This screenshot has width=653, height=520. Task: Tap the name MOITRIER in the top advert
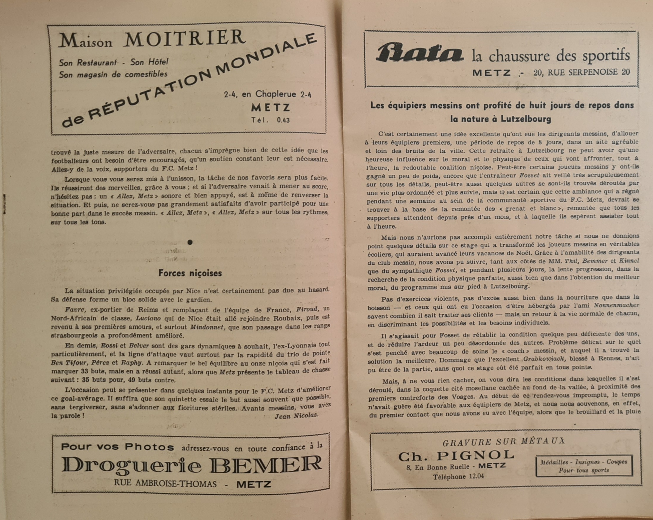pos(184,39)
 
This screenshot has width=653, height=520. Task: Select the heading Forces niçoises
pos(190,273)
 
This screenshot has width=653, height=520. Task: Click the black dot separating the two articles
pos(190,242)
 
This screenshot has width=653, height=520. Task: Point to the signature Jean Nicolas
pos(296,415)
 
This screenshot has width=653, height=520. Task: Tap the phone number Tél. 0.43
pos(270,120)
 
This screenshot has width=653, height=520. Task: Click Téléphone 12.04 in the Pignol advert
pos(458,477)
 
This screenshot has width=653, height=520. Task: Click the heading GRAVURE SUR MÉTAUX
pos(504,442)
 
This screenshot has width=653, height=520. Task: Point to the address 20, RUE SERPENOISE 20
pos(582,72)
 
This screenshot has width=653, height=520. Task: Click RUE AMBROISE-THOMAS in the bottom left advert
pos(165,484)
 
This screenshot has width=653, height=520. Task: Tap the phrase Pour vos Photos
pos(117,447)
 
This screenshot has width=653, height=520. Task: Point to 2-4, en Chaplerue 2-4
pos(267,94)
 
